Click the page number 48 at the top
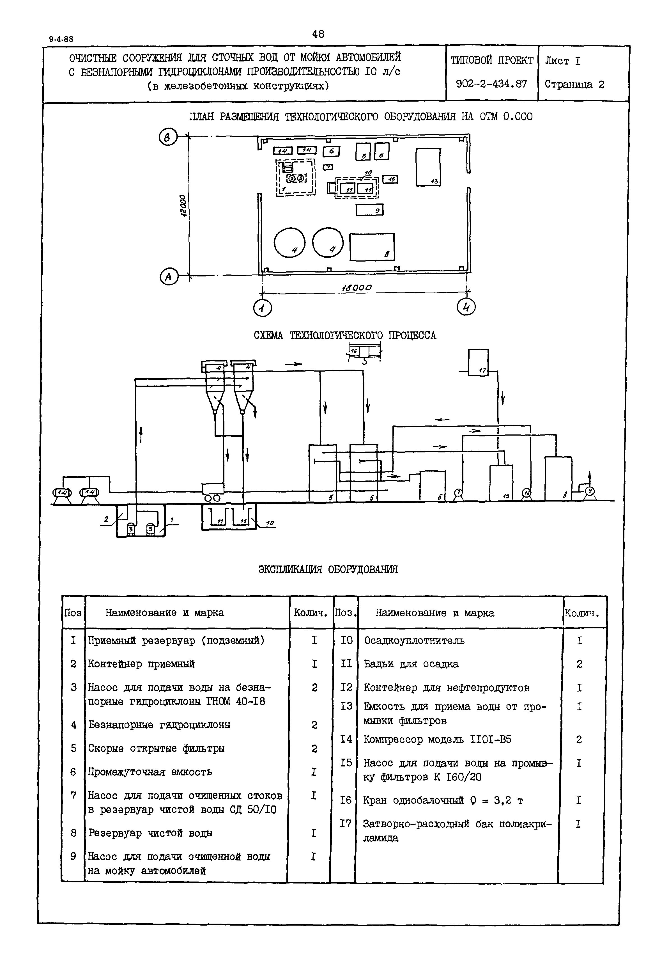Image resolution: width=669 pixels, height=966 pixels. pos(318,34)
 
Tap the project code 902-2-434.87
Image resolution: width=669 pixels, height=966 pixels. pos(491,84)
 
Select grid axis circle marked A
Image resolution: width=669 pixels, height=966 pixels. pos(169,277)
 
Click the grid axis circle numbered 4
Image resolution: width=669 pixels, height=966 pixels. pos(466,307)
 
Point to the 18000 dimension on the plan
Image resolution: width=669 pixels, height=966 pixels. pos(357,288)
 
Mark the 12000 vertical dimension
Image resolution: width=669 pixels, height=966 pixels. pos(182,205)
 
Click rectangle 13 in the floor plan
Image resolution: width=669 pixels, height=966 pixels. pos(428,167)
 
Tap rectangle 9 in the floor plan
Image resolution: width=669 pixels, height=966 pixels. pos(369,210)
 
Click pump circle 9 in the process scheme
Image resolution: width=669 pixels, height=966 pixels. pos(590,491)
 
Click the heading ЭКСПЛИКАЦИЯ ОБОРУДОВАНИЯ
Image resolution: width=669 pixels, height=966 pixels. pos(328,569)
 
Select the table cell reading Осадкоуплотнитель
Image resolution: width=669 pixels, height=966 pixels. pos(414,641)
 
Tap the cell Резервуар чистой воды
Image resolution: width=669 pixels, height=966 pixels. pos(150,833)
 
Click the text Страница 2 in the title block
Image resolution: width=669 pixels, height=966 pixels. pos(574,84)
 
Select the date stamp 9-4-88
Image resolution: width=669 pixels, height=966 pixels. pos(61,39)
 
